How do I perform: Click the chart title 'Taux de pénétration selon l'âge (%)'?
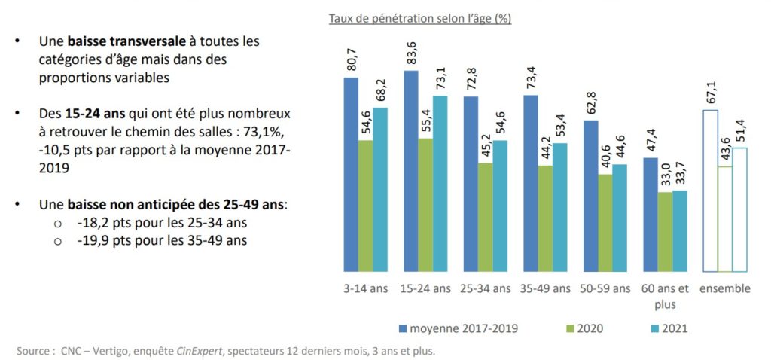pyautogui.click(x=419, y=18)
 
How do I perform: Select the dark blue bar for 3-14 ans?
pyautogui.click(x=351, y=173)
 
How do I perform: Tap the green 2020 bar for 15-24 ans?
pyautogui.click(x=425, y=204)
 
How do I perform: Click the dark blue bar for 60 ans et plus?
pyautogui.click(x=649, y=214)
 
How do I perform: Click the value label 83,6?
pyautogui.click(x=411, y=56)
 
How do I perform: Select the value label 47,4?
pyautogui.click(x=650, y=144)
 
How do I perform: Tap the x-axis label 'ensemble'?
pyautogui.click(x=725, y=289)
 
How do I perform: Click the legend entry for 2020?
pyautogui.click(x=588, y=328)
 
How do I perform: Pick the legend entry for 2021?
pyautogui.click(x=672, y=328)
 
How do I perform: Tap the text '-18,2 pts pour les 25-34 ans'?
pyautogui.click(x=162, y=223)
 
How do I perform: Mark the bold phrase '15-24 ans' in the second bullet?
pyautogui.click(x=89, y=114)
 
